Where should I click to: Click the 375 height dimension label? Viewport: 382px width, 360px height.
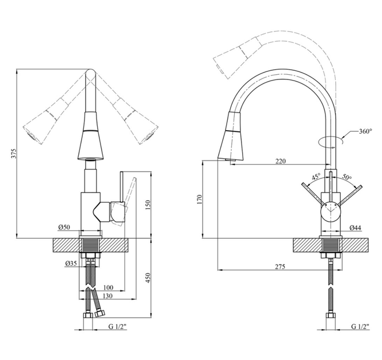(x=15, y=153)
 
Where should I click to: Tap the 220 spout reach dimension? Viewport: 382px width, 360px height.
(x=280, y=161)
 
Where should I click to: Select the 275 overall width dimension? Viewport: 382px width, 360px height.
(x=280, y=267)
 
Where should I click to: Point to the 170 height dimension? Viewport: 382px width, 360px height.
(x=200, y=199)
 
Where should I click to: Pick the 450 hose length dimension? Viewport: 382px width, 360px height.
(x=148, y=278)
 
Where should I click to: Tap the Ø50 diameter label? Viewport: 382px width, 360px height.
(x=64, y=227)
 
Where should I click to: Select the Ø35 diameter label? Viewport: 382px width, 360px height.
(x=71, y=263)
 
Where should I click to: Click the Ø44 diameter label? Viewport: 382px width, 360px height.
(x=355, y=228)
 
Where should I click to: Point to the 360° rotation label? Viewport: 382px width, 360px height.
(x=365, y=131)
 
